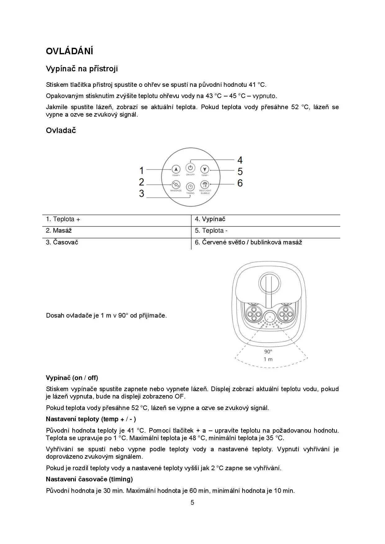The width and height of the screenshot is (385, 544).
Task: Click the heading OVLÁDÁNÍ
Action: (70, 51)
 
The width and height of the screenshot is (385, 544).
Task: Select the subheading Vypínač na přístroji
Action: (82, 69)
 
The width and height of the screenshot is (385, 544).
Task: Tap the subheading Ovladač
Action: (61, 130)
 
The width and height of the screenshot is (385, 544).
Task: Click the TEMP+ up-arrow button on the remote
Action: (176, 169)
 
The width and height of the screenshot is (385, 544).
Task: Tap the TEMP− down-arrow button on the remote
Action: (205, 169)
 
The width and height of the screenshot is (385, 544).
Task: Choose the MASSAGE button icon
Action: (176, 184)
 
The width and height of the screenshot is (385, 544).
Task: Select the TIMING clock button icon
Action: (190, 187)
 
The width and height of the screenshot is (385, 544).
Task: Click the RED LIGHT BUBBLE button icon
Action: (204, 184)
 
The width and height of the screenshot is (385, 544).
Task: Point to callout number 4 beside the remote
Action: (240, 160)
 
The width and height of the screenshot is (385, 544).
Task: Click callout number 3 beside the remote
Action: (142, 194)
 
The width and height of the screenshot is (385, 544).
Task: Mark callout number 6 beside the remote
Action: (240, 183)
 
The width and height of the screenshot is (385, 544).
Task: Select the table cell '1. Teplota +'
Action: (63, 219)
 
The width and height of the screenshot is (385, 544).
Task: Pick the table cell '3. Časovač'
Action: (62, 242)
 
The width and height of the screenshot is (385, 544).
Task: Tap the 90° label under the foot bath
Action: (268, 351)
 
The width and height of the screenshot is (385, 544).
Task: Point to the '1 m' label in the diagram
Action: (268, 359)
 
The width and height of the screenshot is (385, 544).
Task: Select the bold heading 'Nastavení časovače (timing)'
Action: (89, 479)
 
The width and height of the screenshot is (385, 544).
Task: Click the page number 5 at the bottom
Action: (192, 503)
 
